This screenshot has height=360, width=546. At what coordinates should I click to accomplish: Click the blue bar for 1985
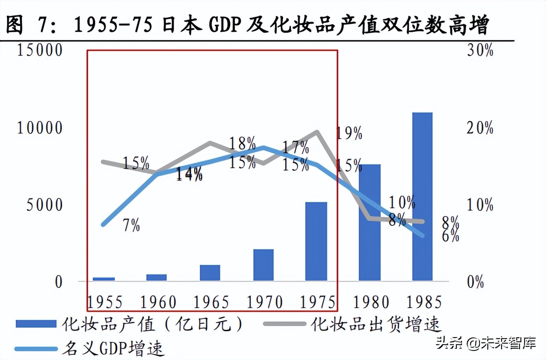click(422, 197)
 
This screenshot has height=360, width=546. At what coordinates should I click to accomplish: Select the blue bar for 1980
click(369, 222)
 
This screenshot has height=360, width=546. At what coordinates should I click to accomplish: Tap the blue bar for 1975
click(316, 241)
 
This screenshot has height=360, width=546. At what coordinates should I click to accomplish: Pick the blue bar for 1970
click(263, 265)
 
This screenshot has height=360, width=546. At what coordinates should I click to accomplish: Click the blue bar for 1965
click(210, 273)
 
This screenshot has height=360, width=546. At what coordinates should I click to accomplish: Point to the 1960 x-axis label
click(158, 302)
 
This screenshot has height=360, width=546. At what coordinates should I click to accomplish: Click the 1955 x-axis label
click(105, 302)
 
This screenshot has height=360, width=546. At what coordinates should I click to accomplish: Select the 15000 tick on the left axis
click(39, 50)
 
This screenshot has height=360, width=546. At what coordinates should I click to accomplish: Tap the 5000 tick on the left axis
click(44, 205)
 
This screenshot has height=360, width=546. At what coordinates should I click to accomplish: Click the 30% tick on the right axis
click(480, 50)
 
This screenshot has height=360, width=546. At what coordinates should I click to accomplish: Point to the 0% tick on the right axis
click(475, 282)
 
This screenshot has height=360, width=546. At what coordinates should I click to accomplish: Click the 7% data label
click(131, 225)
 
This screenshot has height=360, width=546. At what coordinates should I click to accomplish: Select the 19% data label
click(349, 134)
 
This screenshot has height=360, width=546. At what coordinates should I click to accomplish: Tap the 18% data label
click(242, 143)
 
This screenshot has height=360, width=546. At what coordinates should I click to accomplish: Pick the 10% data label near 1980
click(402, 202)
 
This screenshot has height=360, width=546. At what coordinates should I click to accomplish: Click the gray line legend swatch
click(284, 324)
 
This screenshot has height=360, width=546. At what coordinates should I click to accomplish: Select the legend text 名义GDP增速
click(112, 349)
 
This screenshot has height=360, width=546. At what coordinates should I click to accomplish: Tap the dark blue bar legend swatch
click(36, 324)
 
